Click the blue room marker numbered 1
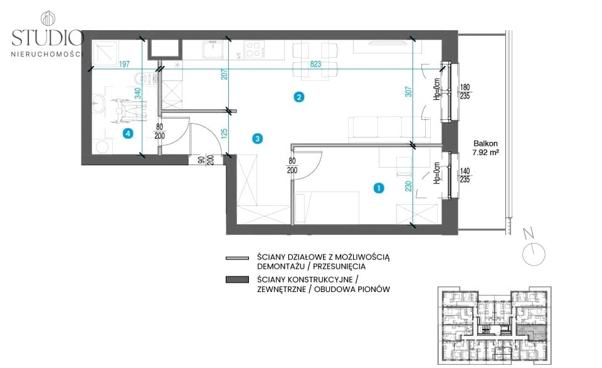click(x=379, y=188)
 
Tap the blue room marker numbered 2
click(x=298, y=97)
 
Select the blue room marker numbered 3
click(x=258, y=138)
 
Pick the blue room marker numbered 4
click(x=128, y=133)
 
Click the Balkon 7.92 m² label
click(x=485, y=148)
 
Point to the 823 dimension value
click(x=315, y=64)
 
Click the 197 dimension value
click(x=124, y=64)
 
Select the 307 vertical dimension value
click(x=408, y=92)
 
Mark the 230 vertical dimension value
click(x=408, y=186)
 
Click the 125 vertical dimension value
click(x=224, y=133)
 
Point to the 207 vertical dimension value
click(x=224, y=74)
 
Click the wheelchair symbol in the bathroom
click(x=129, y=111)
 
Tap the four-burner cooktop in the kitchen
click(x=254, y=50)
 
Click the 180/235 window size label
click(x=465, y=92)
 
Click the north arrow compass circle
click(x=534, y=254)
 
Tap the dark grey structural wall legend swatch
click(x=237, y=279)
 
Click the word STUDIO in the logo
click(x=48, y=38)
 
